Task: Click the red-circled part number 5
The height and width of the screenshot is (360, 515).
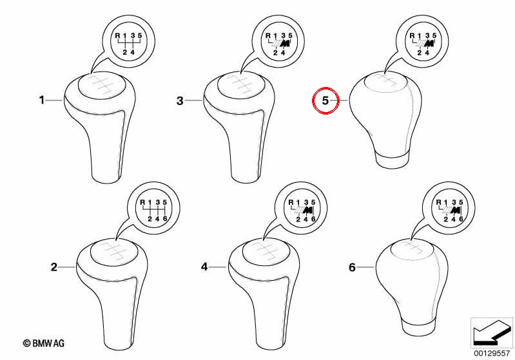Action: [x=325, y=100]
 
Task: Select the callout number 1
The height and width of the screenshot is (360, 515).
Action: [x=42, y=100]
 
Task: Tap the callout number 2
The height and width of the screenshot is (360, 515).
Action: [x=54, y=267]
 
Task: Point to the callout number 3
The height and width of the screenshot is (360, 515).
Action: [x=180, y=100]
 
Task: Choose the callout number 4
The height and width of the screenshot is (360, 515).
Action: [x=204, y=267]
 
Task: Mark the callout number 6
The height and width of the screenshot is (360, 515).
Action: [x=352, y=267]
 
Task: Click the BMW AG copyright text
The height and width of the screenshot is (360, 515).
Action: [x=44, y=343]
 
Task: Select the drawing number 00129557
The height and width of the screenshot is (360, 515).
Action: [x=492, y=354]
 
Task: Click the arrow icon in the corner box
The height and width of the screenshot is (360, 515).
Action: [x=492, y=332]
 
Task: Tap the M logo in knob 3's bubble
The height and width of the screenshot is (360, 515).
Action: [x=286, y=43]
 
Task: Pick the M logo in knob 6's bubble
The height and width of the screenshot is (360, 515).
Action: [x=456, y=211]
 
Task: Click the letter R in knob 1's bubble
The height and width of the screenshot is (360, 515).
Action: [x=117, y=35]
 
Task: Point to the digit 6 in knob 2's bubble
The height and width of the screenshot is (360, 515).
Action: [x=165, y=218]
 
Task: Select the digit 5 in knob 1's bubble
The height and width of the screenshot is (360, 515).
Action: [x=140, y=35]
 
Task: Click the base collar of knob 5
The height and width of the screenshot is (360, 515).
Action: [x=392, y=160]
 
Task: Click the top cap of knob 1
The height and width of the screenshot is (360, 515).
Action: [x=102, y=85]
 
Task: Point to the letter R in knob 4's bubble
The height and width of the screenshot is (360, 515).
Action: [x=290, y=202]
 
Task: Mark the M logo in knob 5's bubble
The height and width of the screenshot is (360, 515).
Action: [x=429, y=43]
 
